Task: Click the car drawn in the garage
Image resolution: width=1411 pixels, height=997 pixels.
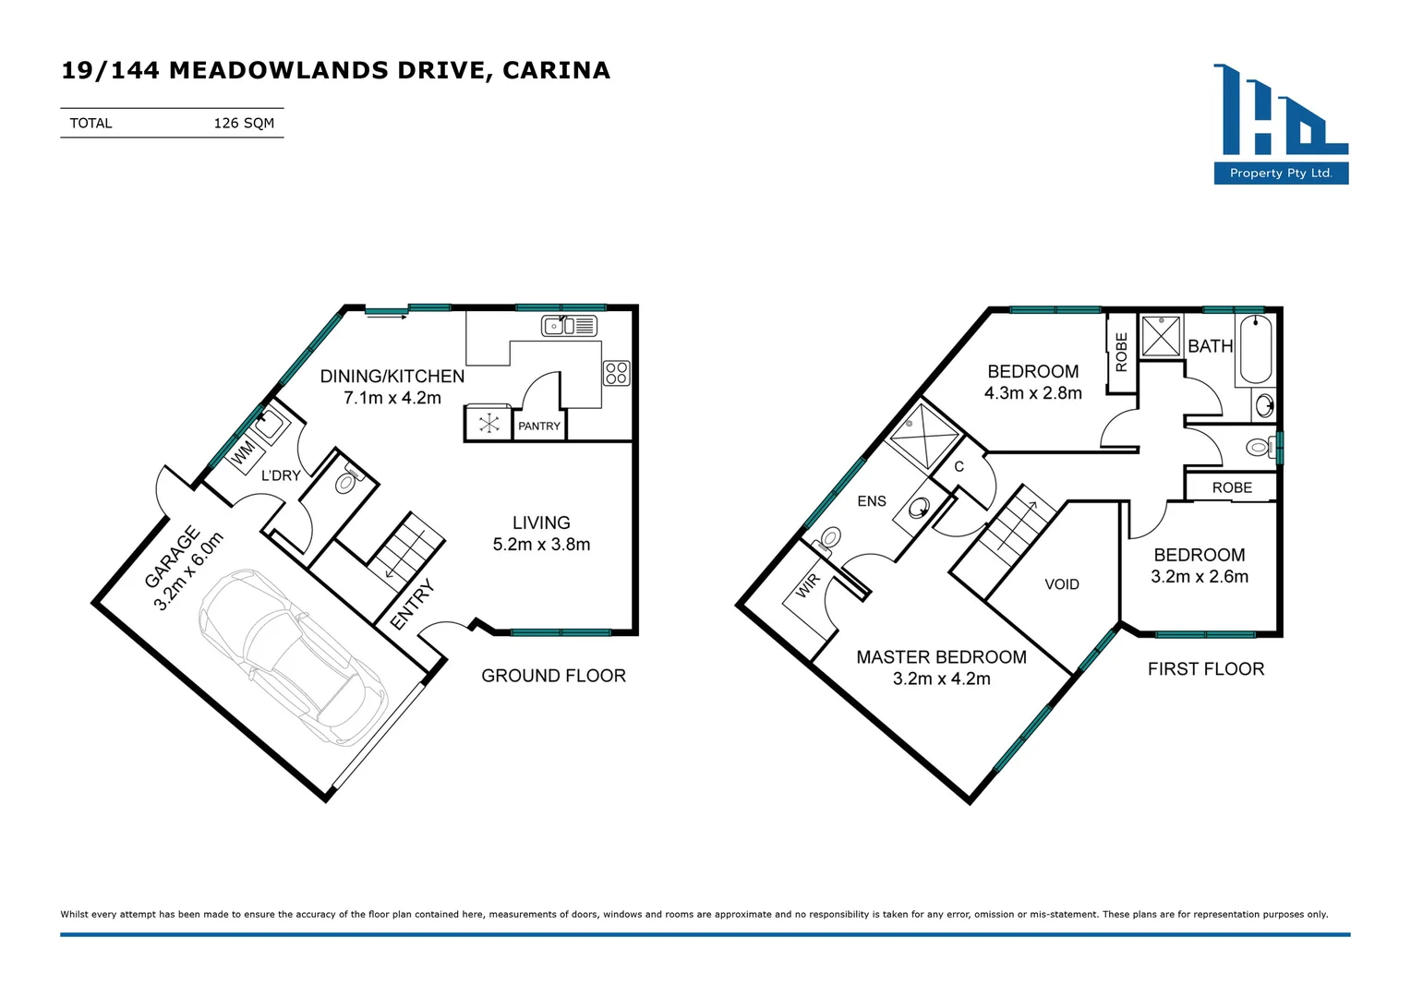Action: [293, 656]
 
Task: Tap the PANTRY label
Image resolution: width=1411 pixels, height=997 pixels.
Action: [539, 426]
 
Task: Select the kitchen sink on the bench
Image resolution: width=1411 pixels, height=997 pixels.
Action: [569, 326]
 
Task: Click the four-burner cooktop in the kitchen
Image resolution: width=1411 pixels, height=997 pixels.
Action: [617, 373]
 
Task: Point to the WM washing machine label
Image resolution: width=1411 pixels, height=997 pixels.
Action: [244, 452]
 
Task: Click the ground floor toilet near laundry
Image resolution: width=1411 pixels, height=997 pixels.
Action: [346, 482]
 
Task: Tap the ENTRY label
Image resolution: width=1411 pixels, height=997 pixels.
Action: [412, 606]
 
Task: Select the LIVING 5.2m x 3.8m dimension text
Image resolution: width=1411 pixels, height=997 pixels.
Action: [541, 545]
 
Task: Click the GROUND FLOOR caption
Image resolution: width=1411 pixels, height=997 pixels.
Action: [553, 676]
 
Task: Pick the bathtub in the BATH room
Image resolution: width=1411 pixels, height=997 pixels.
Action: [1256, 350]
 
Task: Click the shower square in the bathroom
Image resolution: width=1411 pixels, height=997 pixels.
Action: [1161, 336]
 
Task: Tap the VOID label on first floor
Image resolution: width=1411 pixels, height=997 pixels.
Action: [1062, 584]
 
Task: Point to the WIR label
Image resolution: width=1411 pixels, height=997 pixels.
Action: [808, 585]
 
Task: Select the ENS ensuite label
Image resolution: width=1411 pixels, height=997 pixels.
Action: [872, 501]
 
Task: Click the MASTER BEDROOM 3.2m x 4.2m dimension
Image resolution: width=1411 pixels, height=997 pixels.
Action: [941, 679]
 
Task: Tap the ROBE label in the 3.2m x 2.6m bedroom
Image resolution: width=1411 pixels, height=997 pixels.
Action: [1232, 487]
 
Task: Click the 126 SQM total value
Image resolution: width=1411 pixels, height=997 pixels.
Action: [244, 123]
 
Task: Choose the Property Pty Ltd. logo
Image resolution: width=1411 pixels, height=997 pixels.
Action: [1281, 124]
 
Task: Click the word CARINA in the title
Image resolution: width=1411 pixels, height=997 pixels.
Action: [556, 70]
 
